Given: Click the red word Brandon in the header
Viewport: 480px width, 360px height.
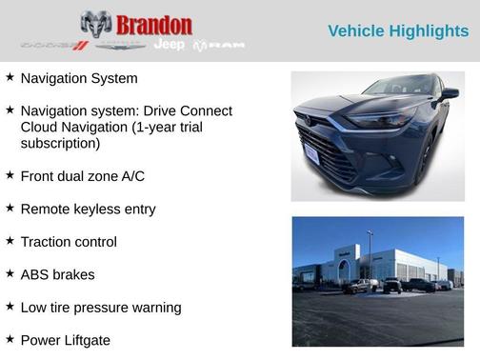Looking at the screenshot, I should point(153,25).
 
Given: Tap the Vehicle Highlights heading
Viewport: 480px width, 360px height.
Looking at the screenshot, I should point(398,31).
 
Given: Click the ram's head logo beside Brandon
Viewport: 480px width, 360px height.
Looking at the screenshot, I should point(96,26).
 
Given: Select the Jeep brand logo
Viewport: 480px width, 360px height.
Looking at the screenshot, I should point(170,46).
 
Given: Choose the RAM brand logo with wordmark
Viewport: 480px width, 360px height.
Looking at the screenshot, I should point(219,46).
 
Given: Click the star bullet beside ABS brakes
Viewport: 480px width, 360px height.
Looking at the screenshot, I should point(10,273).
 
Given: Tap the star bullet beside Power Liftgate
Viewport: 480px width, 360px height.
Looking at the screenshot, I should point(10,339).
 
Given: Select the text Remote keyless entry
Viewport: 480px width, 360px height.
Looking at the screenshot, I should point(88,210).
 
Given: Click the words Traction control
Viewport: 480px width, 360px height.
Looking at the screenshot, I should point(69,242).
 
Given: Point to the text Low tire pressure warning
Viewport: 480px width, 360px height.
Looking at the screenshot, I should point(101,308).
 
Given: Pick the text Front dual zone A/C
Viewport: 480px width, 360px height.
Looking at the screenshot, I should point(82,176).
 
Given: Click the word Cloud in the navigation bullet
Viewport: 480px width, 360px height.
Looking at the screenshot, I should point(40,128).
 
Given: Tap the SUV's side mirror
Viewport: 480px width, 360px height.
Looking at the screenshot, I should point(449,94).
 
